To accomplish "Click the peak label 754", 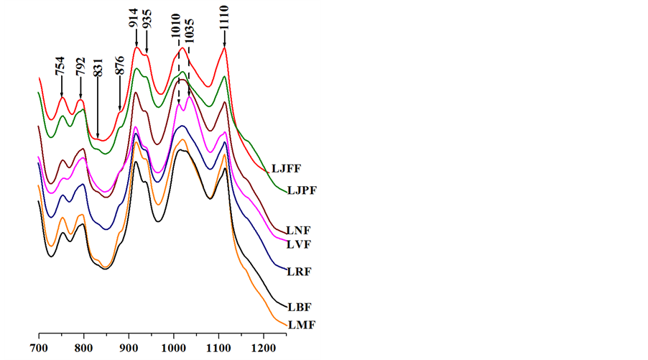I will [x=61, y=66].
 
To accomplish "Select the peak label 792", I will [x=80, y=66].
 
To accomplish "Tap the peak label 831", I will [x=98, y=66].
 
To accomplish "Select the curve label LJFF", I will [x=285, y=169].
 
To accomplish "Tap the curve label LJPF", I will [x=302, y=190].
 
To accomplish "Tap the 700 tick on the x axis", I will [x=39, y=346].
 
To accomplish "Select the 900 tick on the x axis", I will [x=129, y=346].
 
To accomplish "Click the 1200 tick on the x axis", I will [x=264, y=346].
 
